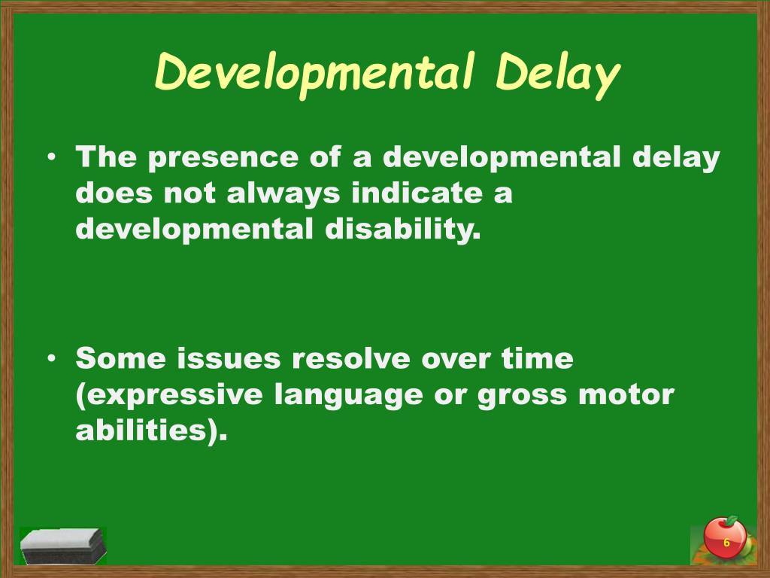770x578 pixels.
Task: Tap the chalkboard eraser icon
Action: (62, 546)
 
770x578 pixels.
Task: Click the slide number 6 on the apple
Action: (726, 543)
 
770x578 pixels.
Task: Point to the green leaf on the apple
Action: (731, 520)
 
